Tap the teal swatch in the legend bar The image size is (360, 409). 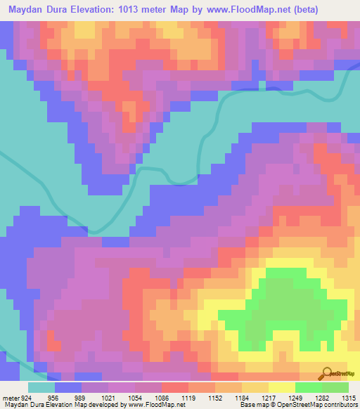(x=41, y=388)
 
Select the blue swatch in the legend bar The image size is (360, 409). (x=68, y=388)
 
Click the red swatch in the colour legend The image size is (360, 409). (x=174, y=388)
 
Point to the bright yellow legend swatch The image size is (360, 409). (x=281, y=388)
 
